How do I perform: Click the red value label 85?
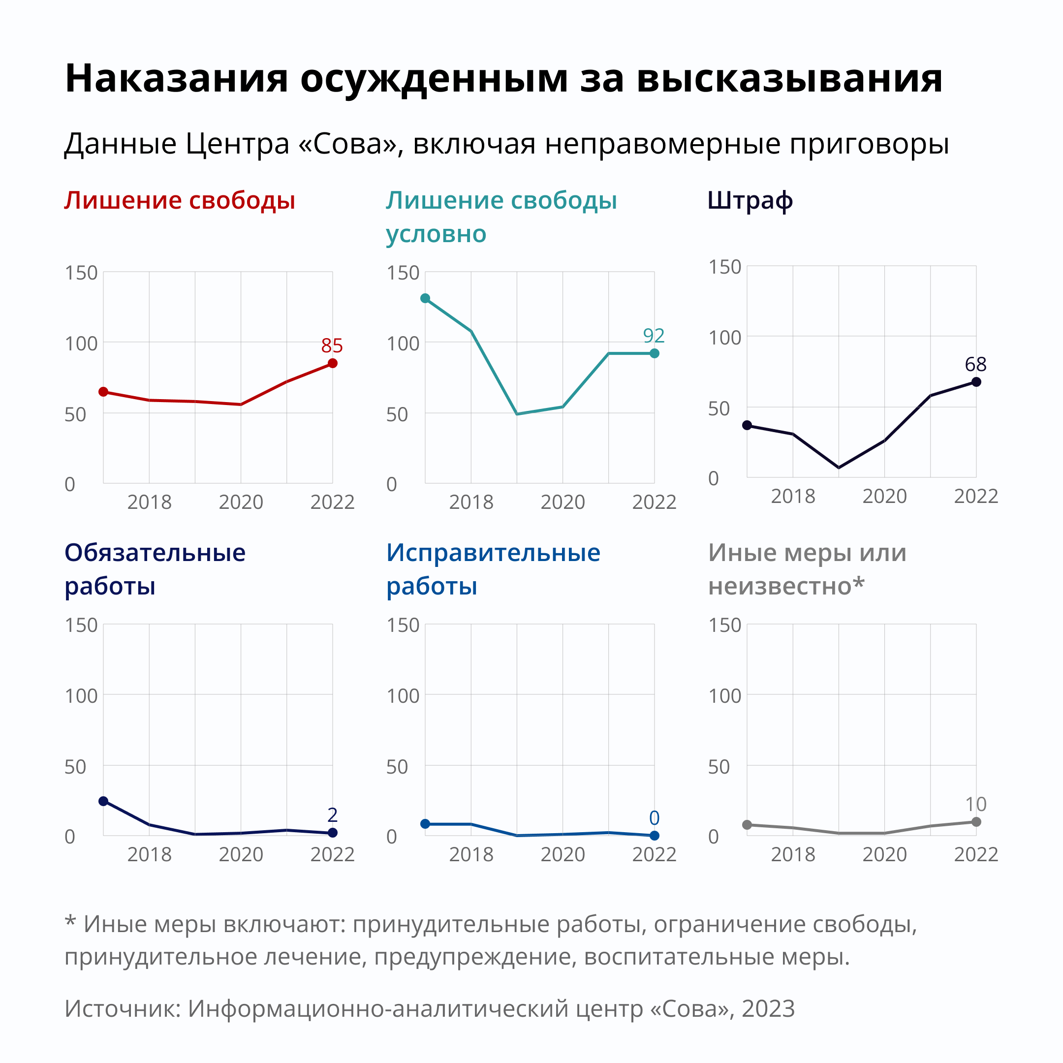332,345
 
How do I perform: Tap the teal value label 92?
654,336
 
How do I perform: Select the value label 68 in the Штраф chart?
975,364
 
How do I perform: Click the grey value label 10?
975,805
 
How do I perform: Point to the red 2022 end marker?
332,363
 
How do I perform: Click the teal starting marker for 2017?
425,298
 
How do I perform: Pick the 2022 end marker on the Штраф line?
976,382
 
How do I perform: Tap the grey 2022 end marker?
976,822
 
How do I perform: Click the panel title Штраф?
750,201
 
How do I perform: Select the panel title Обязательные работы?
155,569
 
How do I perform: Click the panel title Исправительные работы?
493,569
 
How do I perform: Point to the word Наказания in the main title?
176,78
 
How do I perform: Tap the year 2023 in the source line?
768,1008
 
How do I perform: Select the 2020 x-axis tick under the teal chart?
563,502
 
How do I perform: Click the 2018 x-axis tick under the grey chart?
793,854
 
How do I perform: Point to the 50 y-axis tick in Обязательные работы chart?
75,766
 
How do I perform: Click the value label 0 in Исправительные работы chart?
654,818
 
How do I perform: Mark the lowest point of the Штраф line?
839,468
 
